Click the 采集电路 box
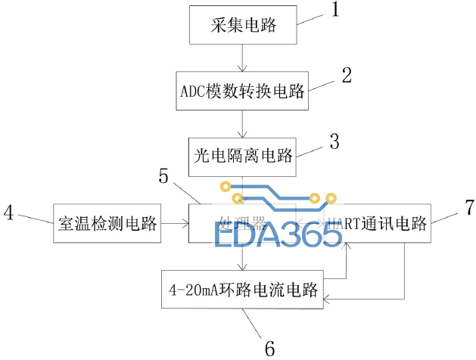click(x=241, y=27)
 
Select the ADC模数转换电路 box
click(x=241, y=92)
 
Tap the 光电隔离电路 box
click(x=241, y=158)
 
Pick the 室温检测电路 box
click(x=107, y=223)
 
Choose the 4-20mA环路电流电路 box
click(x=241, y=289)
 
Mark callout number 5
click(x=163, y=176)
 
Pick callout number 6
click(x=269, y=347)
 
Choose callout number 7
click(x=468, y=206)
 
